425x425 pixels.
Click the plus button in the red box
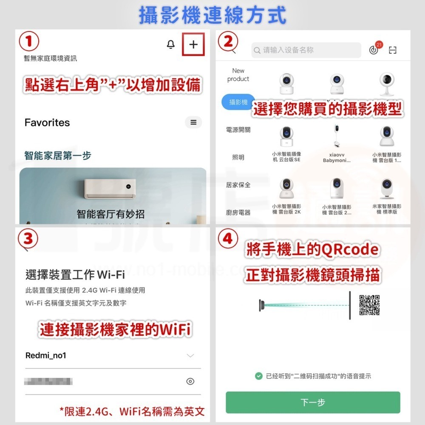[193, 45]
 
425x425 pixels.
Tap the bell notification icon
[171, 45]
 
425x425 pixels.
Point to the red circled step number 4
[228, 239]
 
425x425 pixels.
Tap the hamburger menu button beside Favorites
[193, 122]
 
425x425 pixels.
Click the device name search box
[306, 50]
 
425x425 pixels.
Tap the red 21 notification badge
[379, 45]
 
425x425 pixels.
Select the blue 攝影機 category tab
[238, 102]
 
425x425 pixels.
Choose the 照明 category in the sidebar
[238, 157]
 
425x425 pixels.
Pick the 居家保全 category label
[238, 185]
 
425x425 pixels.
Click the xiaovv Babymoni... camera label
[337, 158]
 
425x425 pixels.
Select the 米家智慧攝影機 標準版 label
[387, 209]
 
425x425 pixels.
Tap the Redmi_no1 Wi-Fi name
[46, 355]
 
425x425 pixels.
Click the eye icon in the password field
[190, 381]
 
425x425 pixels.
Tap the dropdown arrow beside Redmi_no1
[190, 355]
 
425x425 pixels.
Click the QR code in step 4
[369, 305]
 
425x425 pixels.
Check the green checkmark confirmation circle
[258, 376]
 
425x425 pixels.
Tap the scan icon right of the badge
[393, 51]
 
